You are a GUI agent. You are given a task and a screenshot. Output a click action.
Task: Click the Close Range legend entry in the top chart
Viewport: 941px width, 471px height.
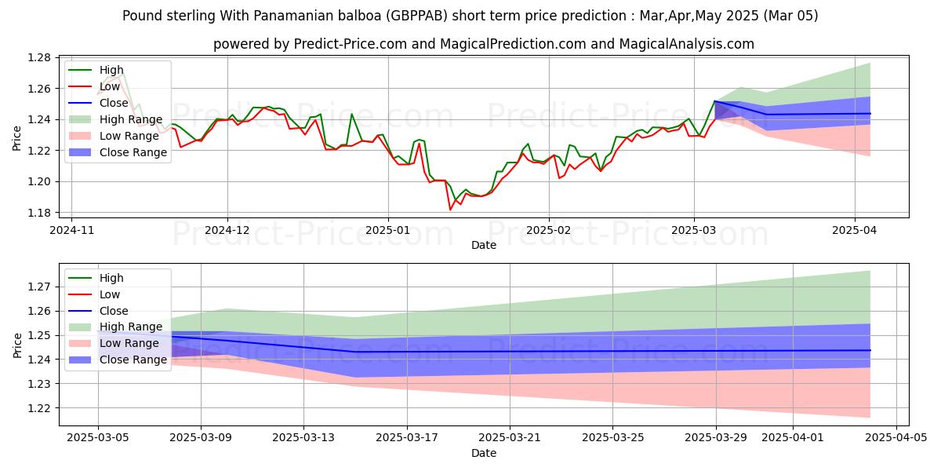[133, 152]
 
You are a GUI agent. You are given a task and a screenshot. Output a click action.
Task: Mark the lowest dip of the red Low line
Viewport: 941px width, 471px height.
[450, 210]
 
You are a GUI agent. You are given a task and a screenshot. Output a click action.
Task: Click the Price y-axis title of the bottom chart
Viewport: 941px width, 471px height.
[18, 345]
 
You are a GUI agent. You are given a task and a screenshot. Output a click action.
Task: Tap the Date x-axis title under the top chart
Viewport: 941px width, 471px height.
[484, 245]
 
